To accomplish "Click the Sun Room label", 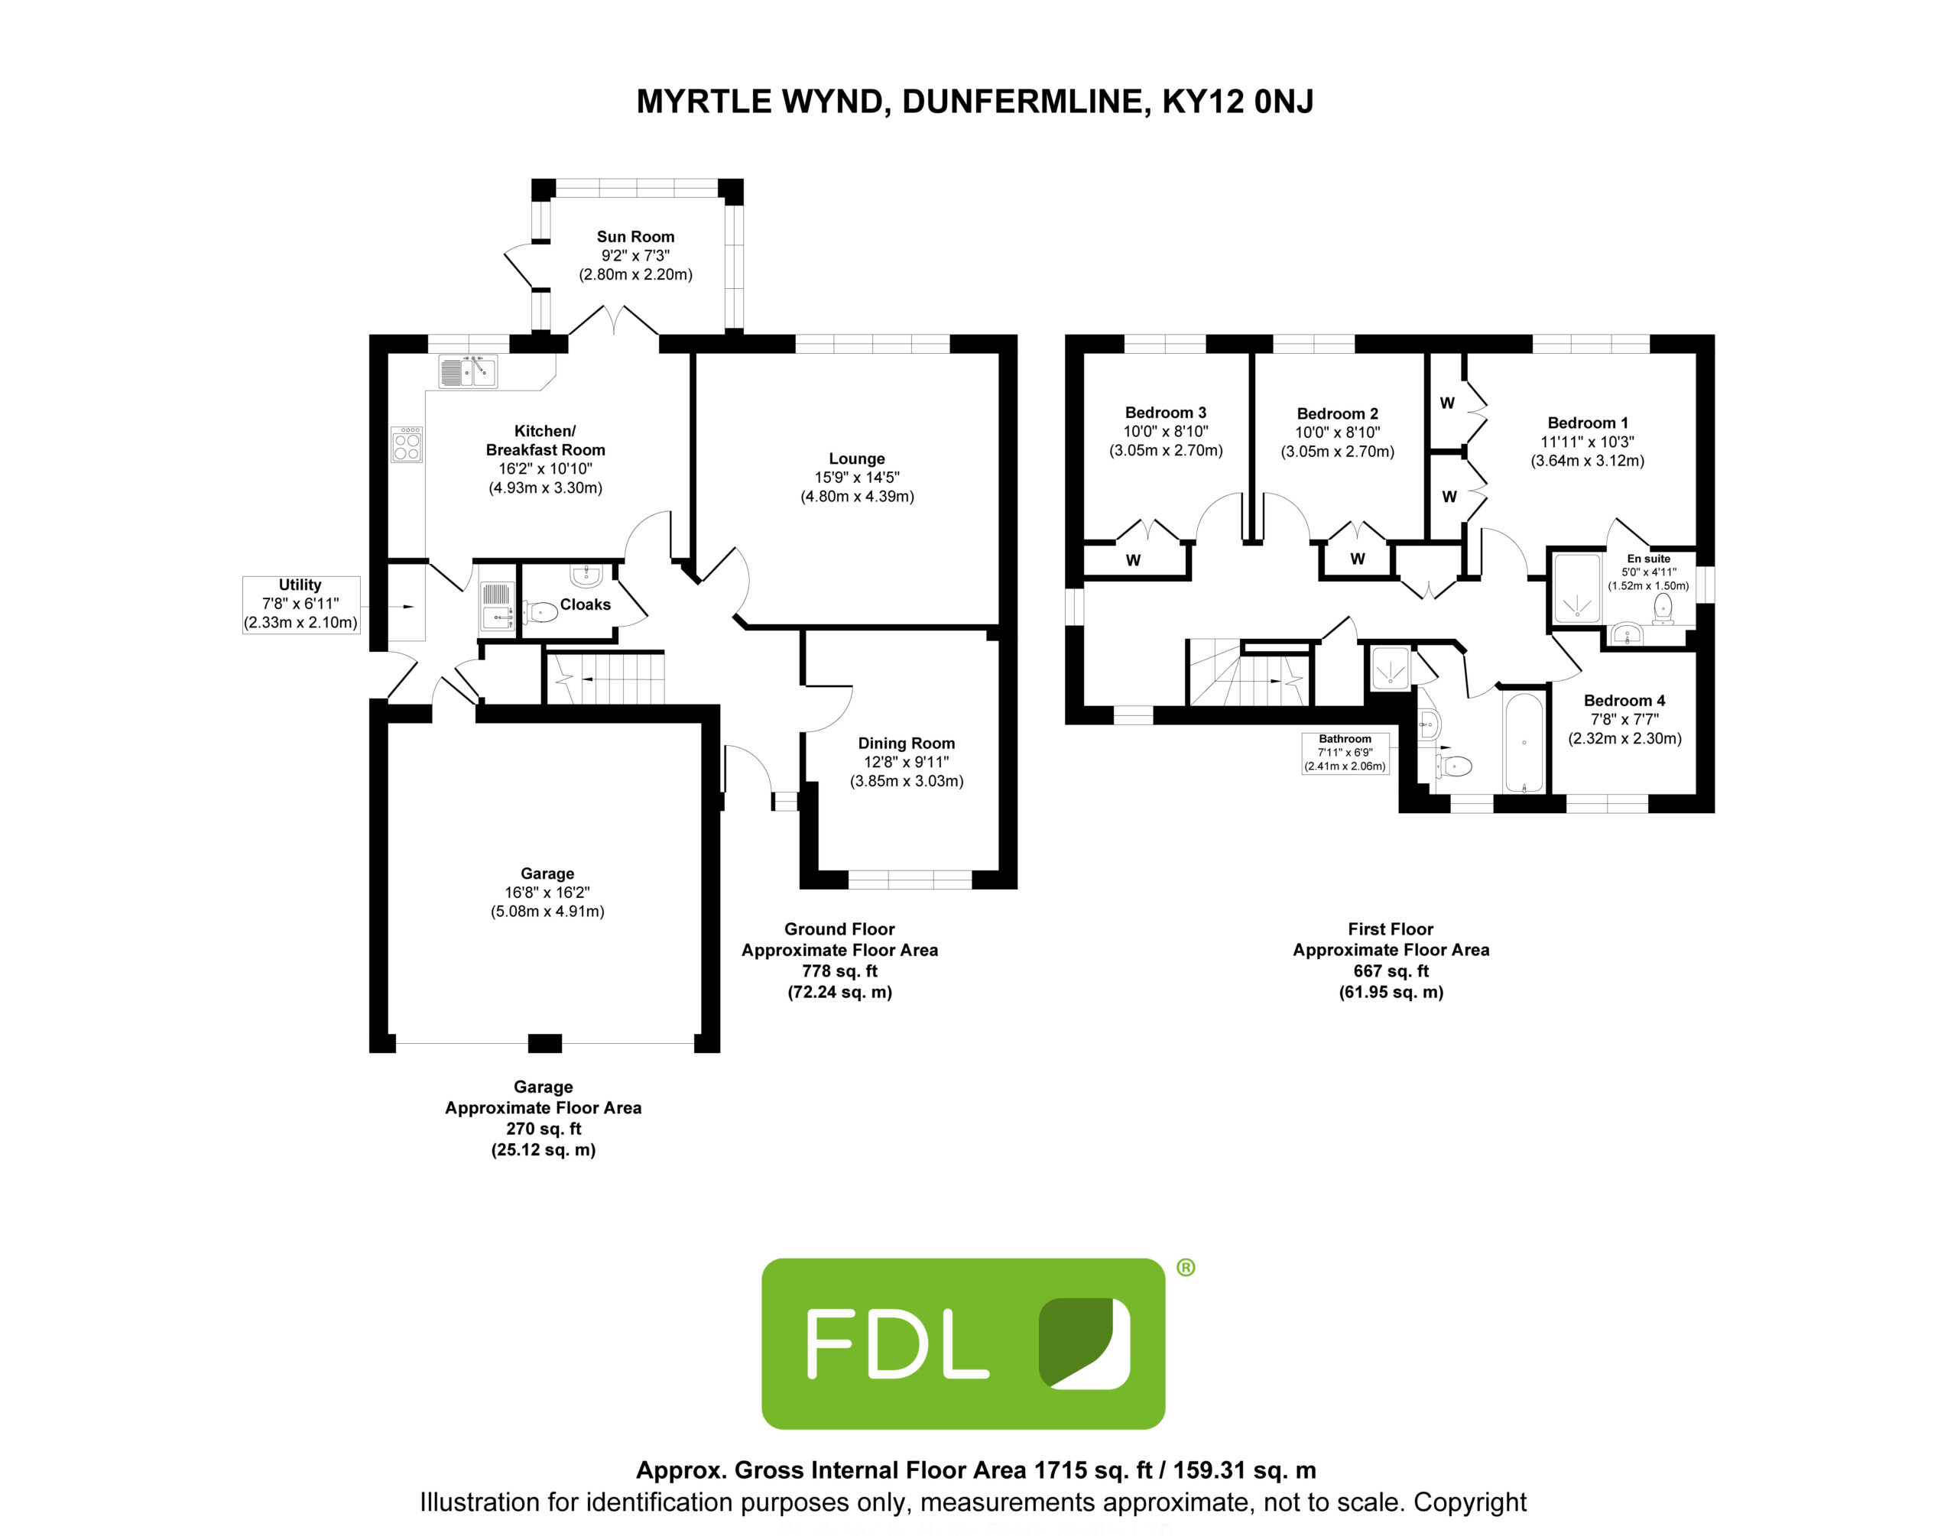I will point(635,237).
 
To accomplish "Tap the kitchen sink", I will point(467,371).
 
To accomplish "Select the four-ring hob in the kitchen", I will point(407,444).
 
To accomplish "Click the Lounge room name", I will point(856,459).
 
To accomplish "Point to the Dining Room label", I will point(906,743).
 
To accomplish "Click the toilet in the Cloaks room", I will point(540,612).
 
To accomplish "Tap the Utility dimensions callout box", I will point(300,604).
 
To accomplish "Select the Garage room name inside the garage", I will point(547,873).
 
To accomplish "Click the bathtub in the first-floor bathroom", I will point(1524,743).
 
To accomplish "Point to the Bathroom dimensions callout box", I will point(1345,753).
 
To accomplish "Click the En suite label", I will point(1647,559).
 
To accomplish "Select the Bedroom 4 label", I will point(1624,701).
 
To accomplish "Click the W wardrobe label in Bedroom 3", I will point(1133,560).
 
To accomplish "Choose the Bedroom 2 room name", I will point(1336,413).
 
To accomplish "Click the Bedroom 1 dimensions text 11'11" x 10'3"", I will point(1587,442).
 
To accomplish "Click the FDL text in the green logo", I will point(897,1344).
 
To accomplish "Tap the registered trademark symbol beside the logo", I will point(1186,1268).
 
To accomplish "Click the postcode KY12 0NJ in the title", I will point(1238,102).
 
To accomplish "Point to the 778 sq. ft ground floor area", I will point(839,971).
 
